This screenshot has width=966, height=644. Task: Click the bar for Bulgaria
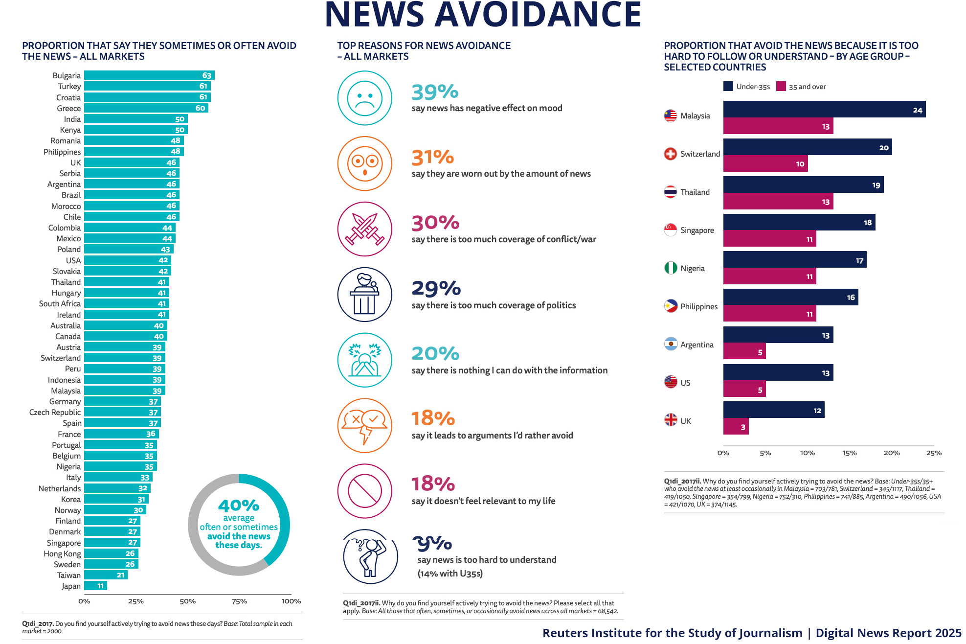tap(149, 75)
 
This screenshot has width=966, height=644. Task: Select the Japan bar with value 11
tap(95, 586)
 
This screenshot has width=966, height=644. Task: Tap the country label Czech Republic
tap(55, 413)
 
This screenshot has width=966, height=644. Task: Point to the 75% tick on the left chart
tap(239, 601)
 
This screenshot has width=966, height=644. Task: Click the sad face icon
tap(364, 98)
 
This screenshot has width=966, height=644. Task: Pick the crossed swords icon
tap(364, 229)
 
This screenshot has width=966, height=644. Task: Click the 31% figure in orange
tap(433, 158)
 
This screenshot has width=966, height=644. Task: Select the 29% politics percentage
tap(436, 289)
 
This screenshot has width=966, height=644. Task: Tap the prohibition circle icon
tap(364, 491)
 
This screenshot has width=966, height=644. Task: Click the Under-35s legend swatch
tap(728, 87)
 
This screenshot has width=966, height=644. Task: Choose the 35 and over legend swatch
tap(781, 87)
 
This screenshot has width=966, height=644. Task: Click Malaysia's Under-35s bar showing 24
tap(824, 110)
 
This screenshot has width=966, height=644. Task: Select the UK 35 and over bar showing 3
tap(736, 427)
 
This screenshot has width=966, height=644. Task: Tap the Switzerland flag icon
tap(670, 154)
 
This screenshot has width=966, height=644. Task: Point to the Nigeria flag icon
tap(670, 268)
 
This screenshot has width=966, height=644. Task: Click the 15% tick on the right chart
tap(850, 453)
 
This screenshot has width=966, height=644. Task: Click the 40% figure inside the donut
tap(239, 505)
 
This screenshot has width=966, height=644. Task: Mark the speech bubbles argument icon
tap(364, 425)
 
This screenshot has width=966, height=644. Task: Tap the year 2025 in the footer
tap(948, 633)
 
